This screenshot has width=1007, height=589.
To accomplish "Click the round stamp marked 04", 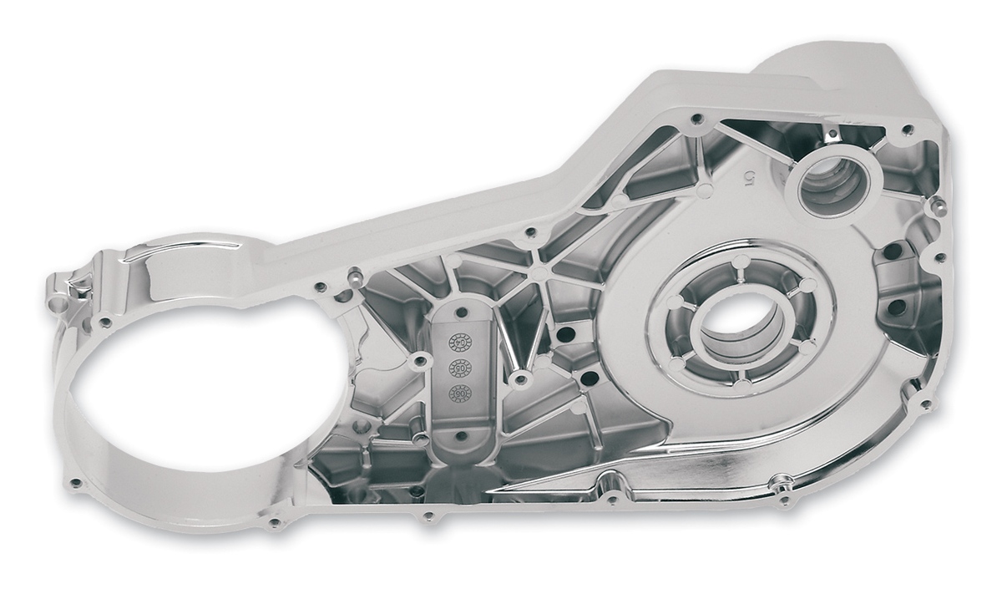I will click(x=458, y=341).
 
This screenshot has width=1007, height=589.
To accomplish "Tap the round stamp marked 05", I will click(x=458, y=367).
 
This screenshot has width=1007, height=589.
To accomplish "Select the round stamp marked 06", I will click(x=458, y=393).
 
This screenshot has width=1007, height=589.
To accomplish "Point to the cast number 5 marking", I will click(x=749, y=177).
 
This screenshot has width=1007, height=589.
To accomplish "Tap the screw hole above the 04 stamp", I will click(x=458, y=307).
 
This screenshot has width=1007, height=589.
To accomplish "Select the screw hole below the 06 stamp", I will click(x=458, y=434).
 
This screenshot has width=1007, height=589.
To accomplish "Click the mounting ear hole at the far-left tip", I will click(x=58, y=303).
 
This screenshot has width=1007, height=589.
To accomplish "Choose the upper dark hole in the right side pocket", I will click(x=892, y=251).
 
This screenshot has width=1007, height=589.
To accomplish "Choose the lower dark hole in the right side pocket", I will click(x=896, y=307).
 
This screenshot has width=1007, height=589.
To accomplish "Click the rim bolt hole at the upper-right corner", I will click(x=908, y=129).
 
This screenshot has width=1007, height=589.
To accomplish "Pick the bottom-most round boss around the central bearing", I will click(x=741, y=383).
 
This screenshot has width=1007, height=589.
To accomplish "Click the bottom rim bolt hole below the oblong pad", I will click(x=429, y=515).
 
